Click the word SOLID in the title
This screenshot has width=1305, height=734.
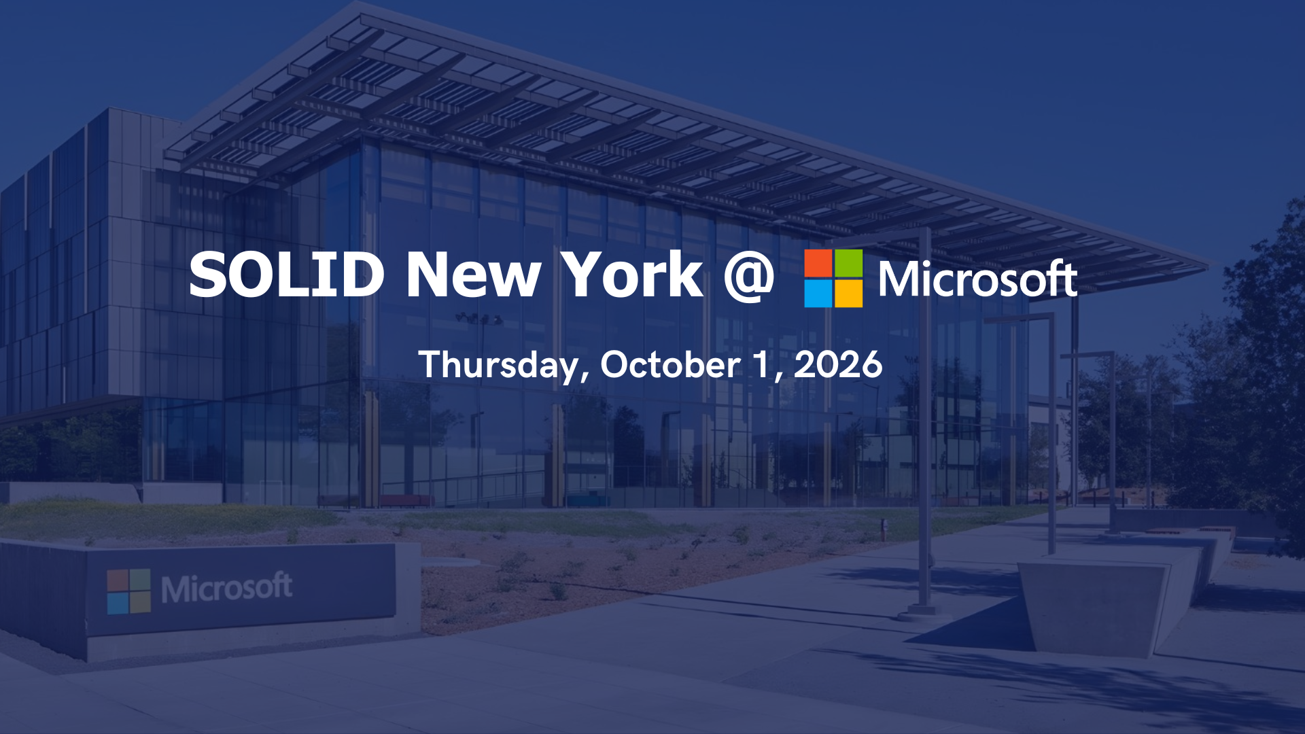pos(286,274)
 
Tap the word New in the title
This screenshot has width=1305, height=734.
pos(473,274)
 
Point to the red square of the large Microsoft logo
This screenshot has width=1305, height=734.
pos(818,263)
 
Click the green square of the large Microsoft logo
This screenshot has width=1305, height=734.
pos(848,263)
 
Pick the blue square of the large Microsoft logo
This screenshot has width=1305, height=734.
pos(818,294)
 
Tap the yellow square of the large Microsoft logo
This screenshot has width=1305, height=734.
pos(848,294)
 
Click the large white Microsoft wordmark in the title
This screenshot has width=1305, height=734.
pos(978,279)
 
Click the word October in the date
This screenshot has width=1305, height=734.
pos(670,365)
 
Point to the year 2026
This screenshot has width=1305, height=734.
pos(838,365)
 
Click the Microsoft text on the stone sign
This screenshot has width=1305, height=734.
pos(226,588)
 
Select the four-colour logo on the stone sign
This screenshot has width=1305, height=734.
pos(128,591)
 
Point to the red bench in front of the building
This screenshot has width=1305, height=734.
pos(406,500)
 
